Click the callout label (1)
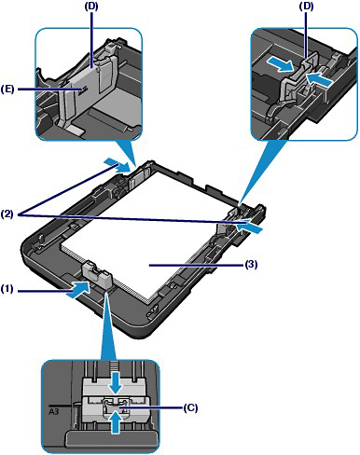coord(7,289)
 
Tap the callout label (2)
coord(7,214)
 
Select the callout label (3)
coord(251,265)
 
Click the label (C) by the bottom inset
coord(191,407)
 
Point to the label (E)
coord(7,90)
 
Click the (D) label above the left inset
coord(91,7)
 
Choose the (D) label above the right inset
coord(306,7)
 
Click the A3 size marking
coord(55,411)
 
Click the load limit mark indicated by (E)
coord(82,90)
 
